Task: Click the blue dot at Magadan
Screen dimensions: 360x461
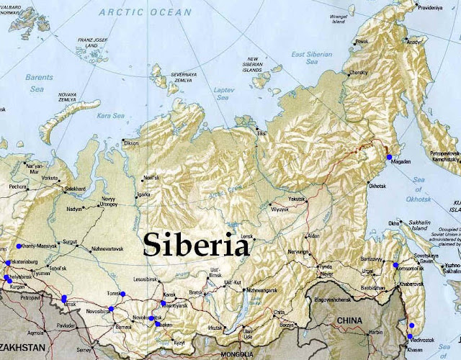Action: click(389, 156)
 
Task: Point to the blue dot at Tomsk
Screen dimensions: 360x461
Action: click(122, 294)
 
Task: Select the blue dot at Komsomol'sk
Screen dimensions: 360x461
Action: click(395, 266)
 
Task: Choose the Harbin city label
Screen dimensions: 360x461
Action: click(376, 332)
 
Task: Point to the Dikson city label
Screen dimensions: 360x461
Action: click(131, 143)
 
